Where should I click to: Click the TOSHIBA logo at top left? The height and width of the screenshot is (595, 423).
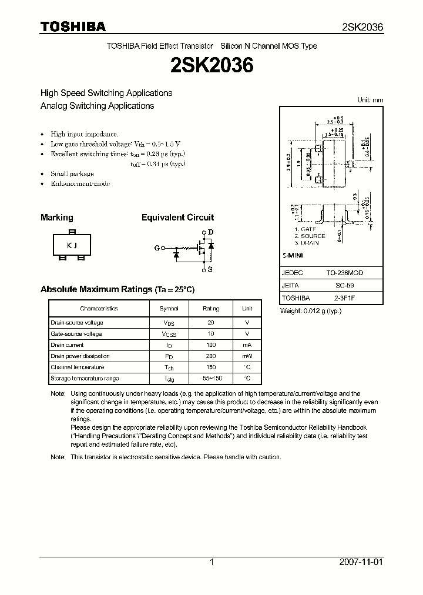tap(73, 26)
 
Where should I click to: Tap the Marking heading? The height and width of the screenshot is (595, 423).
tap(57, 218)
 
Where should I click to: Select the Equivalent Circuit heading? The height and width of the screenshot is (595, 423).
tap(177, 218)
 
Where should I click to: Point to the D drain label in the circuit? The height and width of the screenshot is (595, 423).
tap(210, 232)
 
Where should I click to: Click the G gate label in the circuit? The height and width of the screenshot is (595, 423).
tap(157, 248)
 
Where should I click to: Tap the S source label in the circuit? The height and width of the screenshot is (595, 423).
tap(210, 269)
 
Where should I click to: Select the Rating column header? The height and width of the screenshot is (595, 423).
tap(211, 309)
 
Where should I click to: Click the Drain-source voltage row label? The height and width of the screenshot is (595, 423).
tap(77, 323)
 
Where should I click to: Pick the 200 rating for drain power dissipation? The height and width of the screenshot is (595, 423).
tap(211, 356)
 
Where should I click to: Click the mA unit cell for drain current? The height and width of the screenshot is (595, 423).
tap(247, 345)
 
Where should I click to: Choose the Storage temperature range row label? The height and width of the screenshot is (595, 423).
tap(85, 379)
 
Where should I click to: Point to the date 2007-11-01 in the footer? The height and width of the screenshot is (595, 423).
tap(361, 562)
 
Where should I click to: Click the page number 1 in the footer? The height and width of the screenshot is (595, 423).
tap(211, 562)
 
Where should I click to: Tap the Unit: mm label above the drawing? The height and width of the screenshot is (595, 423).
tap(370, 100)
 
